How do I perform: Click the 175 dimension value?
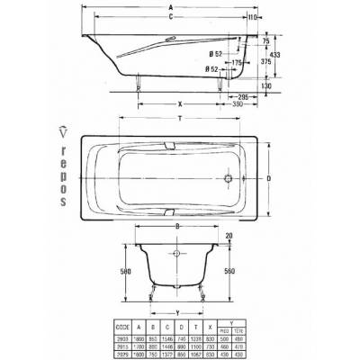213,62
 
